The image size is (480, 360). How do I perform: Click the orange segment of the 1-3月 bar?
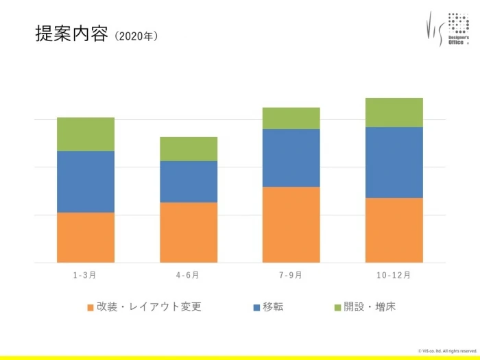coord(85,237)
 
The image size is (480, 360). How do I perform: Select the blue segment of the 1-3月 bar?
coord(85,182)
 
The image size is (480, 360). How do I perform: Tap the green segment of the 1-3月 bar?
coord(85,134)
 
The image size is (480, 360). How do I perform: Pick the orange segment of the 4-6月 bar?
coord(189,232)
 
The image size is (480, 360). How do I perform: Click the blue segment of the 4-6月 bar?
coord(189,182)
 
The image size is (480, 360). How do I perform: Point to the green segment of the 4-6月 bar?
coord(189,149)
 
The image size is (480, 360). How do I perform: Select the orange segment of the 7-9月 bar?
coord(291,224)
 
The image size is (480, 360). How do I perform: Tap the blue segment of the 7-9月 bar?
coord(291,158)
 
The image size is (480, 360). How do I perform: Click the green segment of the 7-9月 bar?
coord(291,118)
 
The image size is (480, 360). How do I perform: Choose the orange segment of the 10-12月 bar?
coord(394,230)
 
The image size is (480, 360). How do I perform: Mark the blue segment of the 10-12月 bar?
coord(394,163)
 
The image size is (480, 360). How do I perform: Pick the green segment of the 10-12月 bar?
coord(394,112)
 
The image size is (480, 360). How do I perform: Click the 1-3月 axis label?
coord(85,276)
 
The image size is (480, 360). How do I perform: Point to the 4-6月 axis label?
coord(188,276)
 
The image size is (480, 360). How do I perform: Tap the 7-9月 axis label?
coord(291,276)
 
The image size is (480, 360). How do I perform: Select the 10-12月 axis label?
coord(394,276)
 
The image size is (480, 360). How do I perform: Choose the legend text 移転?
coord(272,307)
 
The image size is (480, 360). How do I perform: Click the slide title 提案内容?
coord(71,34)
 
